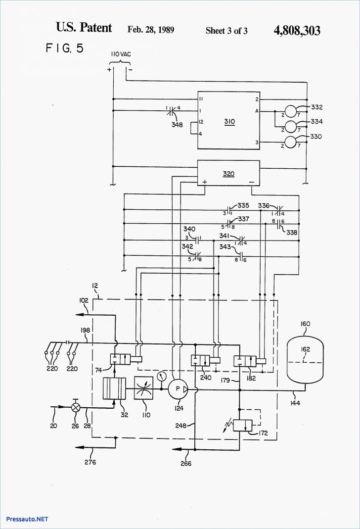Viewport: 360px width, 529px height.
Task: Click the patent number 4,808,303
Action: click(x=296, y=31)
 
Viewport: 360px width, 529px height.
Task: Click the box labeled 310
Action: click(x=229, y=120)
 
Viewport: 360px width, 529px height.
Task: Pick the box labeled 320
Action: click(x=228, y=173)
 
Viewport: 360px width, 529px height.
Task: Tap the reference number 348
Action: click(x=177, y=125)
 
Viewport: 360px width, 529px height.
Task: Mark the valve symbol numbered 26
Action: click(x=76, y=408)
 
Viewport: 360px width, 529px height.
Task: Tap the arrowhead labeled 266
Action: click(x=176, y=449)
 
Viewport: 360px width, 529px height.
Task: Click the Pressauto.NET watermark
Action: click(x=27, y=519)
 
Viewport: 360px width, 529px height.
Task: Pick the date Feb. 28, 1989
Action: click(x=150, y=30)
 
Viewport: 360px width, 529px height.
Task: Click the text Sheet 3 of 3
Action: click(x=226, y=31)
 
